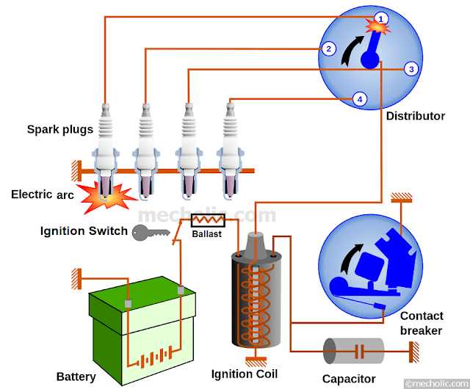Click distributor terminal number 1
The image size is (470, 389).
point(380,18)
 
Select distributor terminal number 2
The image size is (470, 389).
point(329,49)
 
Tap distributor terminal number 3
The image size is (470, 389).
point(411,69)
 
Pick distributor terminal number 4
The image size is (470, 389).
point(359,98)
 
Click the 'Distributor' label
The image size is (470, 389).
point(415,116)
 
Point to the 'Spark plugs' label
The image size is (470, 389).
point(60,129)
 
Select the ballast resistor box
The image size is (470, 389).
point(207,219)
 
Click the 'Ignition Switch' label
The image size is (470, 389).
point(83,232)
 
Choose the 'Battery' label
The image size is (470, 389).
point(76,377)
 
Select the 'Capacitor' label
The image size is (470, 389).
point(349,379)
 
